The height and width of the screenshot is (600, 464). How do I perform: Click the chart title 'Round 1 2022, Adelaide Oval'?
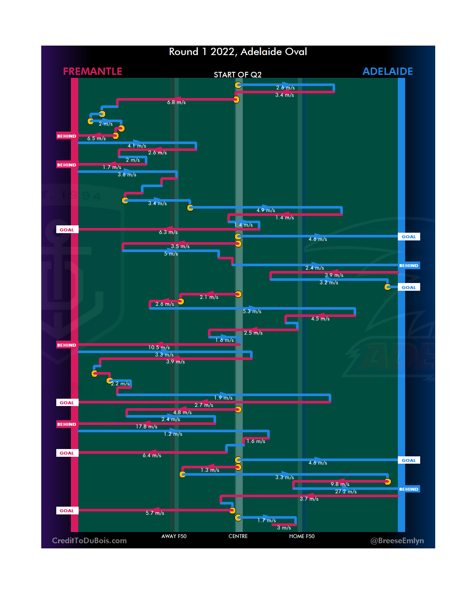238,52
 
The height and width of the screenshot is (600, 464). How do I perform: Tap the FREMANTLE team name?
92,71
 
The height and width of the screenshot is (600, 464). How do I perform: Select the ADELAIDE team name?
388,71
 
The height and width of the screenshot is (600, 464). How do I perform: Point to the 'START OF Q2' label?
238,75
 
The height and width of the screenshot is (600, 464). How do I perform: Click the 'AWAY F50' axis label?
174,536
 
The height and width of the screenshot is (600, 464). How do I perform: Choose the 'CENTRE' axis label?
238,536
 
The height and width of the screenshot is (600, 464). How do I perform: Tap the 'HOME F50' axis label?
302,536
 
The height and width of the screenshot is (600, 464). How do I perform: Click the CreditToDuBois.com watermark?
89,541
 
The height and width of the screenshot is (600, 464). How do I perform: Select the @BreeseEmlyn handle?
397,541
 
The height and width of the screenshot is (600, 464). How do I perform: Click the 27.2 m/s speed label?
346,492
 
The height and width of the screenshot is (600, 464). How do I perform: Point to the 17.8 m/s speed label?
147,427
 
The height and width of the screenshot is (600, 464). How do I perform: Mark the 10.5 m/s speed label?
159,348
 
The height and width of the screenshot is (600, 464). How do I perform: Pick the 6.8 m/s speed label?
177,102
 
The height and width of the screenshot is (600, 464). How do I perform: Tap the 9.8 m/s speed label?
340,484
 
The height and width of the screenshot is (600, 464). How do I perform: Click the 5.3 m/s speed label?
252,311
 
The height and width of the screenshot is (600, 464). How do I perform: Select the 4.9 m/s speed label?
266,210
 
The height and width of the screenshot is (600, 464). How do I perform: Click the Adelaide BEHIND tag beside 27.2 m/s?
409,489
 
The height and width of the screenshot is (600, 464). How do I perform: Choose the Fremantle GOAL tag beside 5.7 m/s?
67,511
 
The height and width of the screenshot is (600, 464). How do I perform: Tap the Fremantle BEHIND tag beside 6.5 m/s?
67,136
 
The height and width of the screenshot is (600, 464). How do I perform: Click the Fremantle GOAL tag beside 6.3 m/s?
67,230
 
